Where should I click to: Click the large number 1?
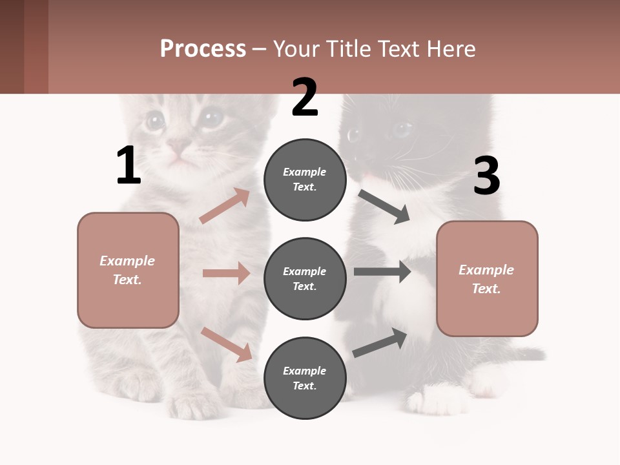[129, 166]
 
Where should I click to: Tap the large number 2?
[305, 98]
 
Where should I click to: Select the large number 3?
[486, 176]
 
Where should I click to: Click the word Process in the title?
[203, 48]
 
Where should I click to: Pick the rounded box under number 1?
[128, 270]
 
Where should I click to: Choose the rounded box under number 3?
[487, 279]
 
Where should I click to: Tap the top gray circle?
[305, 180]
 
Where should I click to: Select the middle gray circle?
[305, 278]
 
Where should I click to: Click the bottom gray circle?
[305, 378]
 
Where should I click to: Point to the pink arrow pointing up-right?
[225, 206]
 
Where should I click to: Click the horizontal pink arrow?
[226, 273]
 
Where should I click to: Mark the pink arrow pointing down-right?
[226, 344]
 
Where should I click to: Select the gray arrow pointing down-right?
[384, 207]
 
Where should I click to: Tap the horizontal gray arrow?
[382, 271]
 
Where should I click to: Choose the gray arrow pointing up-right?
[380, 342]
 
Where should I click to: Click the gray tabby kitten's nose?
[179, 145]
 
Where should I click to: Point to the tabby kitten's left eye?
[154, 120]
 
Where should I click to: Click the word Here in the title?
[451, 48]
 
